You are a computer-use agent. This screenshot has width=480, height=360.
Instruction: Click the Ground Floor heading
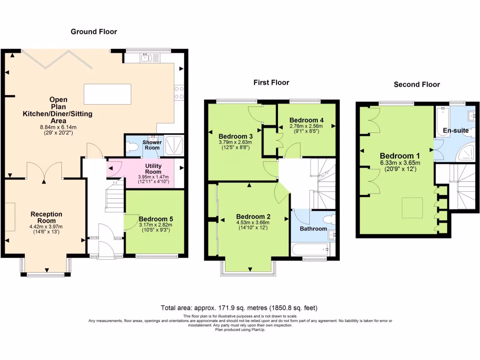pos(94,31)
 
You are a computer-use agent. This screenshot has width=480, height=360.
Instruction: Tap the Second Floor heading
pos(417,84)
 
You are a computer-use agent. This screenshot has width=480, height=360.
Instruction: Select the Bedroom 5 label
pos(156,219)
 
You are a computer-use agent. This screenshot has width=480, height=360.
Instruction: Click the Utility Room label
pos(153,169)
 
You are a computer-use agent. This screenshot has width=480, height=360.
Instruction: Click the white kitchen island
pos(107,94)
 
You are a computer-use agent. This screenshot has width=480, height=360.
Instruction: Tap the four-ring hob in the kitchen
pos(180,93)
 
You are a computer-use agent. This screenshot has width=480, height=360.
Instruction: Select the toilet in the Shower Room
pos(132,147)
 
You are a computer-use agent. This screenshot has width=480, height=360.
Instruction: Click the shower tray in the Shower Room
pos(174,145)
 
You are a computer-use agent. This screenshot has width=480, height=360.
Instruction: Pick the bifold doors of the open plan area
pos(57,59)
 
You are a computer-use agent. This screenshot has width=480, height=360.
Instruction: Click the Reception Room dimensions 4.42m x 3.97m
pos(46,226)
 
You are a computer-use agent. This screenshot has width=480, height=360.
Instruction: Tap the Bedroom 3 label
pos(235,136)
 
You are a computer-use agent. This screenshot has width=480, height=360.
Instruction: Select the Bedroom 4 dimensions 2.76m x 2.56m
pos(306,126)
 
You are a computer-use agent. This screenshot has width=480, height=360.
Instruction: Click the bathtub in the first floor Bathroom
pos(310,249)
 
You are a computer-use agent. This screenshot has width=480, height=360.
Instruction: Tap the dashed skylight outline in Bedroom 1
pos(412,208)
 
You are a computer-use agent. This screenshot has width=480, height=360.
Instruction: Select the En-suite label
pos(456,130)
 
